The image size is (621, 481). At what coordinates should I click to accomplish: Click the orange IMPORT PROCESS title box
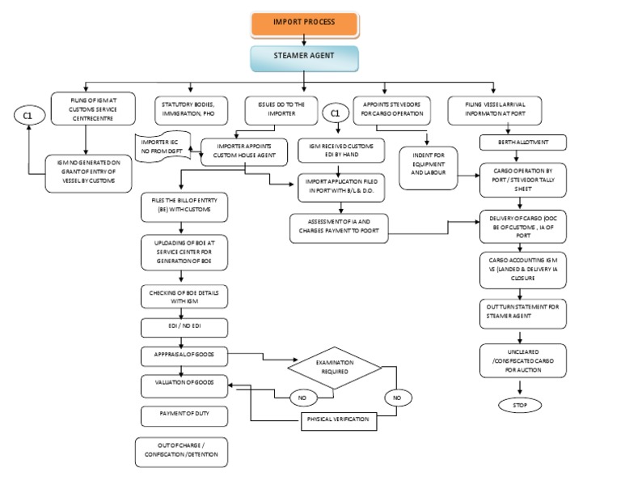point(303,22)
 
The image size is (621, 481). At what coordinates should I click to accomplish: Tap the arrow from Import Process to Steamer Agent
point(303,40)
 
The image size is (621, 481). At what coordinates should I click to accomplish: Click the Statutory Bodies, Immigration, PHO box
point(192,108)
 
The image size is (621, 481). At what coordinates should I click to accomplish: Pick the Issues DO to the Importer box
point(282,108)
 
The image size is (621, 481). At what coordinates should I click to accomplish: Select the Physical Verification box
point(340,419)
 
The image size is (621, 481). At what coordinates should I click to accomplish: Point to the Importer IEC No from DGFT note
point(160,146)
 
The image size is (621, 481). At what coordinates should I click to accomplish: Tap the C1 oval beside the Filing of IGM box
point(27,117)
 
